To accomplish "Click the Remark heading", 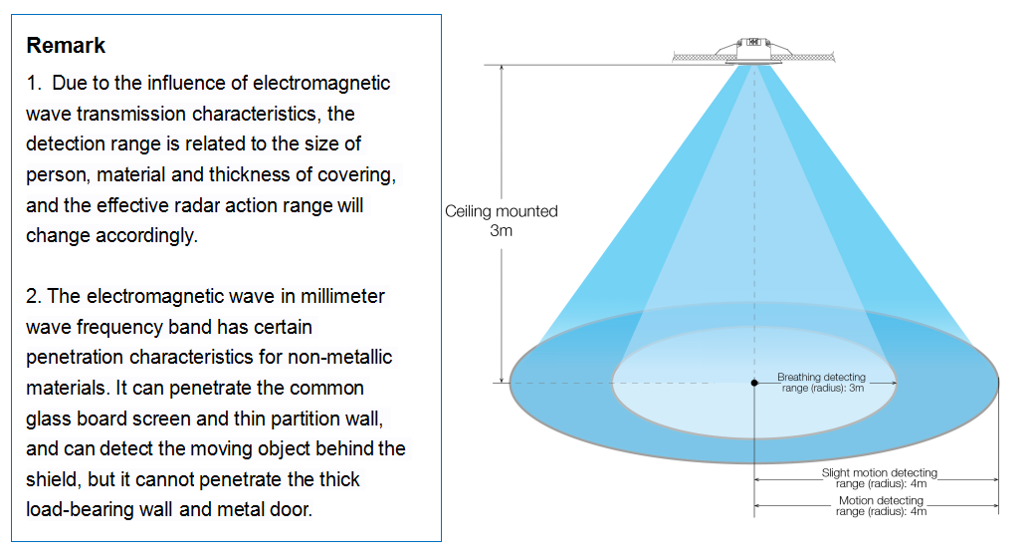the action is click(66, 45).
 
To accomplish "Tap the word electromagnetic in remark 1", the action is click(321, 83).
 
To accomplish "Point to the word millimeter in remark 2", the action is click(342, 296).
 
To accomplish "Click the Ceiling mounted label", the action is click(502, 211).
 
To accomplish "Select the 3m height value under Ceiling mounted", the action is click(502, 230).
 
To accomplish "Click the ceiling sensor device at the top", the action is click(753, 50).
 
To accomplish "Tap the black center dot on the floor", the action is click(754, 383).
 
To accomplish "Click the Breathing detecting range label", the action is click(822, 383).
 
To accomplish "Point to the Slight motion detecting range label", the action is click(880, 478).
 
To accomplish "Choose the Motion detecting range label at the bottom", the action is click(881, 505).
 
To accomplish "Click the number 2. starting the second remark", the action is click(34, 296).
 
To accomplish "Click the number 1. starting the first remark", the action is click(34, 83).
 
